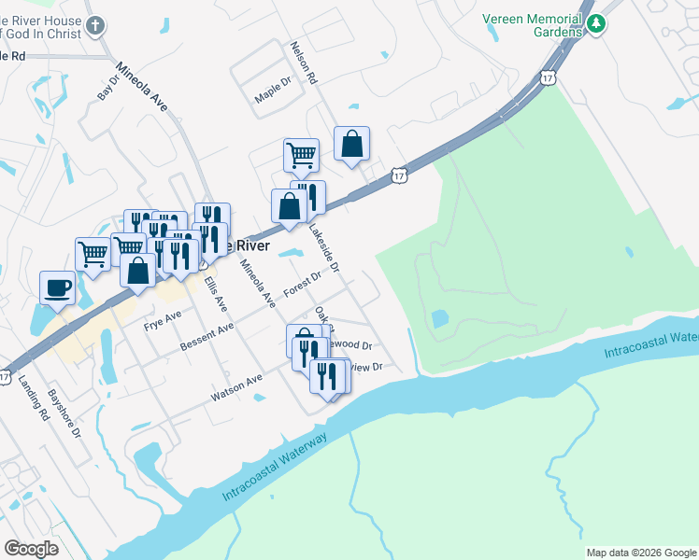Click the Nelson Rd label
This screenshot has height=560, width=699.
point(305,63)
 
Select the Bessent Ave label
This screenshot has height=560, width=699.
point(207,339)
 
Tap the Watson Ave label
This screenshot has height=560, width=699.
point(236,387)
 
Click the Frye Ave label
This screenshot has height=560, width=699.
point(163,321)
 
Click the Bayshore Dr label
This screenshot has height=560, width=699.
point(65,415)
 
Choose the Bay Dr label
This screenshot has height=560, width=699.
point(108,88)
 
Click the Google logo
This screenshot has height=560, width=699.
point(31,549)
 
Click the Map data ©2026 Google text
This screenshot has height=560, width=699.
point(641,553)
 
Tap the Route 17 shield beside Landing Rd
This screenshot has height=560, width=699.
point(6,377)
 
